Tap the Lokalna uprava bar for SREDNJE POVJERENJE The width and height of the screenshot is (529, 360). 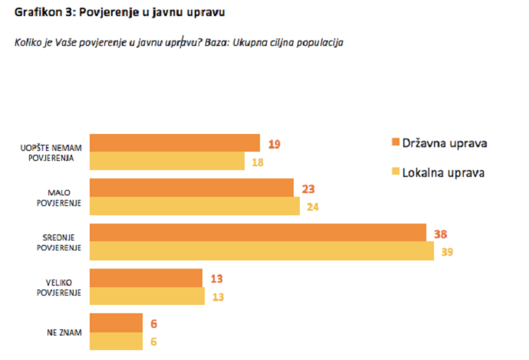[x=261, y=251]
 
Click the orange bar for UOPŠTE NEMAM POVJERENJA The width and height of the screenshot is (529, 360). [x=176, y=142]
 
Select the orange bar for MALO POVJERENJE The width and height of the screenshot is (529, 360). [x=192, y=188]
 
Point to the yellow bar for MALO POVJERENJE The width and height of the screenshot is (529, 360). [x=195, y=206]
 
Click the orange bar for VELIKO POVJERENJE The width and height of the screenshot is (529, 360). [x=146, y=277]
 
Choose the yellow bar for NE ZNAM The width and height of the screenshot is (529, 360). [x=117, y=342]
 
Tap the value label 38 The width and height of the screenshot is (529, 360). [x=440, y=234]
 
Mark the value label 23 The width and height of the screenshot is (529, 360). [x=308, y=188]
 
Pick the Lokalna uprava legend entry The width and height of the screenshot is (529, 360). [x=438, y=172]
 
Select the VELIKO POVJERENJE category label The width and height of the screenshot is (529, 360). [x=60, y=287]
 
